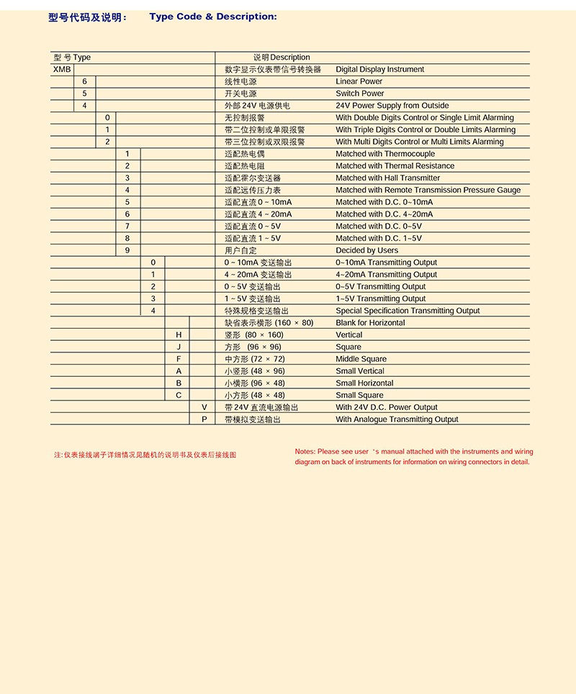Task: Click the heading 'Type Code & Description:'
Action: point(212,17)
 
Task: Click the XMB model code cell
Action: point(62,70)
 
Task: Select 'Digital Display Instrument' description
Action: point(379,70)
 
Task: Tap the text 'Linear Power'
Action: point(359,82)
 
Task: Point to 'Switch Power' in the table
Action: point(359,93)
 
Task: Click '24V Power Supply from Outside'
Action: point(392,106)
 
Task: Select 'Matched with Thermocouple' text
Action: point(385,154)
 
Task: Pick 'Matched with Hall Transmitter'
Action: point(387,178)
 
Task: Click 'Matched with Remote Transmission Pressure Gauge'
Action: point(428,190)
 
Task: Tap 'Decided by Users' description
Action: point(366,250)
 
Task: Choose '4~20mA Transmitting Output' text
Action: point(386,275)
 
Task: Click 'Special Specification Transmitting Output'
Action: point(408,311)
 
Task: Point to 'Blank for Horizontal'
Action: point(370,323)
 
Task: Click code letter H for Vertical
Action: point(179,335)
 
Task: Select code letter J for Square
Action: point(179,347)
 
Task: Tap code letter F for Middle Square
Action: point(179,359)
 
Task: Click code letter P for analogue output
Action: point(204,419)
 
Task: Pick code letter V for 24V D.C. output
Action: point(204,407)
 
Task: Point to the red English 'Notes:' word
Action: point(305,452)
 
